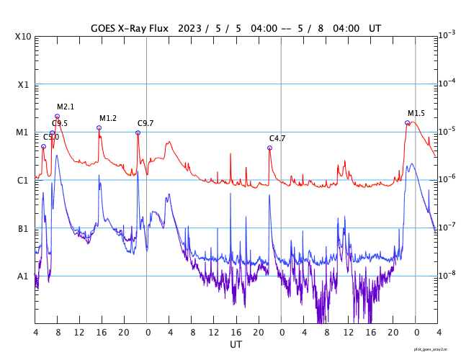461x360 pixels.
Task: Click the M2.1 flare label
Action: coord(66,107)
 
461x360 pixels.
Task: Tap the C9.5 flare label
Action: coord(60,124)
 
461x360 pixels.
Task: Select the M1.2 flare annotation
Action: coord(108,119)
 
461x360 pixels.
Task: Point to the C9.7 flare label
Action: coord(146,124)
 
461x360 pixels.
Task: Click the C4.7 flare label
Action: coord(277,138)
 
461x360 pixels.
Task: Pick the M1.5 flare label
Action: coord(416,114)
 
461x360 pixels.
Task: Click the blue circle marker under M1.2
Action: coord(99,128)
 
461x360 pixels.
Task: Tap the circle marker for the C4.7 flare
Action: coord(270,148)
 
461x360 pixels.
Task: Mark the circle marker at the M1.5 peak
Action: coord(407,123)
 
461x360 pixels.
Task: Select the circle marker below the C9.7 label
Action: coord(138,133)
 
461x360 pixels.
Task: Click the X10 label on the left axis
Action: coord(23,37)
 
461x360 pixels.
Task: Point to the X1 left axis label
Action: coord(23,85)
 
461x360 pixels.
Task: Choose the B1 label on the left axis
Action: coord(23,229)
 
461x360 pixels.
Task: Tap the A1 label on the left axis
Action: coord(23,276)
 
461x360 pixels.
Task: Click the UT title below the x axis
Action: coord(236,345)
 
